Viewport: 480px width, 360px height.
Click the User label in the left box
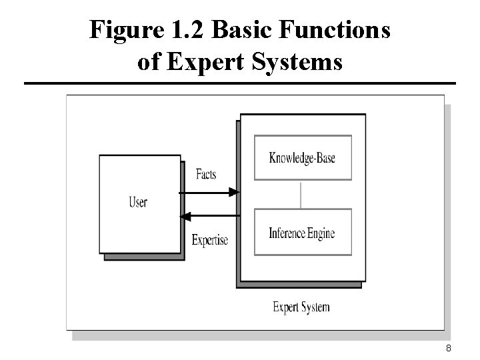[138, 202]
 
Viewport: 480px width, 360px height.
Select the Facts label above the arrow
[206, 175]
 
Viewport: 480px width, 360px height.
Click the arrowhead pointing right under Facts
[233, 193]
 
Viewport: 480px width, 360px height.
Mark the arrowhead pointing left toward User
[186, 216]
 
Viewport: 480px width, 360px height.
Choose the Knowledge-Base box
[302, 158]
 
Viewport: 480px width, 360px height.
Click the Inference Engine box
[302, 233]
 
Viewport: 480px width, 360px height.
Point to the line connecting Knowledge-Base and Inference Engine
[302, 194]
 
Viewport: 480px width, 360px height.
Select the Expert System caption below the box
[301, 307]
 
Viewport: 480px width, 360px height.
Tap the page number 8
[449, 348]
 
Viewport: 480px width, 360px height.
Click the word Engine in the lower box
[321, 233]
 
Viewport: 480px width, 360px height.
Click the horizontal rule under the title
[240, 84]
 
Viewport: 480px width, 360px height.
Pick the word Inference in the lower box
[287, 233]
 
